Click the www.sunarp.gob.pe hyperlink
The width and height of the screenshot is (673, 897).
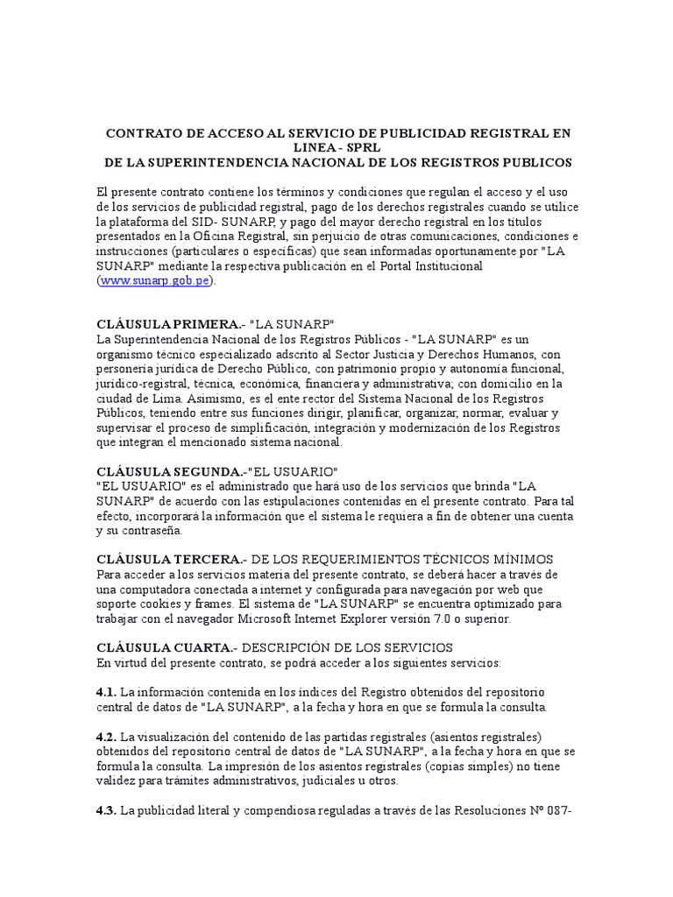[x=155, y=281]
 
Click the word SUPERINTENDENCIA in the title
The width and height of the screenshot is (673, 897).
[x=224, y=163]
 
